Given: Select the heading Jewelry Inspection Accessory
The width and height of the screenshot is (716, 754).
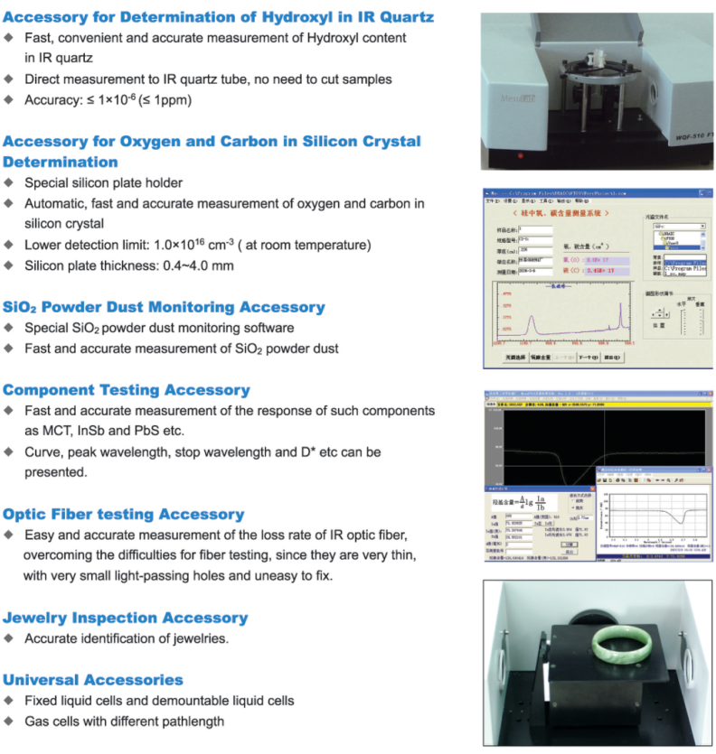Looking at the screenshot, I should coord(125,618).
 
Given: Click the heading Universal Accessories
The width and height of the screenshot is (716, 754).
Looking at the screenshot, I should coord(93,679).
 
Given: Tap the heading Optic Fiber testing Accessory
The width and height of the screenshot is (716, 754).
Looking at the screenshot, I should coord(124,514).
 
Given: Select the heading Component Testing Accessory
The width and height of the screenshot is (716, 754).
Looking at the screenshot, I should coord(127,390).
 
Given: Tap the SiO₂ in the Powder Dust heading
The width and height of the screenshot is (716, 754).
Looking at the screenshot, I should coord(20,307).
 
